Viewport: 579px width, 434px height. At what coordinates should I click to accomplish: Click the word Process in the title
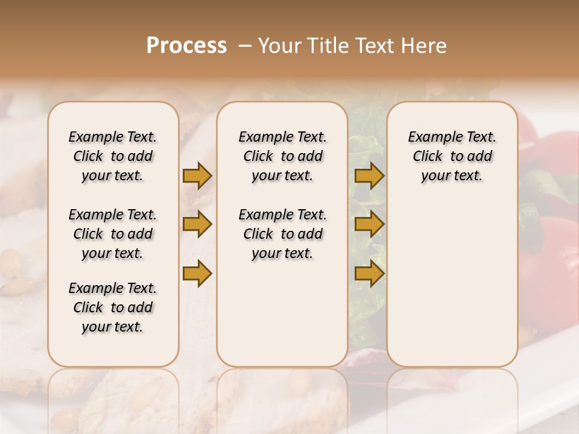tap(186, 46)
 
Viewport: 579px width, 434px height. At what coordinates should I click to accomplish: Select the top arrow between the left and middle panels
tap(197, 175)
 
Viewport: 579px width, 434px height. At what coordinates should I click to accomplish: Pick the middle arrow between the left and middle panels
tap(197, 224)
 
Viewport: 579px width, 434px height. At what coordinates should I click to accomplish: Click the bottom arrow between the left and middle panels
tap(197, 273)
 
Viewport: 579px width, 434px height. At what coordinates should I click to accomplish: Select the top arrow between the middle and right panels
tap(369, 175)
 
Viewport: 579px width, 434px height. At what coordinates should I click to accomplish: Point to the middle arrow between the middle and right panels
tap(369, 224)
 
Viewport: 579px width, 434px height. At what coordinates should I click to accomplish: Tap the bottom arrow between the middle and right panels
tap(369, 273)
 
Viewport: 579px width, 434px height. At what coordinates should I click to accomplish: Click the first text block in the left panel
tap(113, 156)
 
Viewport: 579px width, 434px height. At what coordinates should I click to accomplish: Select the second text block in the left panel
tap(113, 234)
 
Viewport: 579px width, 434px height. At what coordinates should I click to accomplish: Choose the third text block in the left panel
tap(113, 307)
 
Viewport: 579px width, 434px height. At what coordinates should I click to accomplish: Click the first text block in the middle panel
tap(282, 156)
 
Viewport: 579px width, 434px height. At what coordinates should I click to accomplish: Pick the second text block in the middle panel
tap(282, 234)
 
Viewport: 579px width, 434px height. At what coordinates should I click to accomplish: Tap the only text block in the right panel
tap(452, 156)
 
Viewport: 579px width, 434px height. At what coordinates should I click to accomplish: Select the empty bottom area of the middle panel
tap(282, 319)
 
